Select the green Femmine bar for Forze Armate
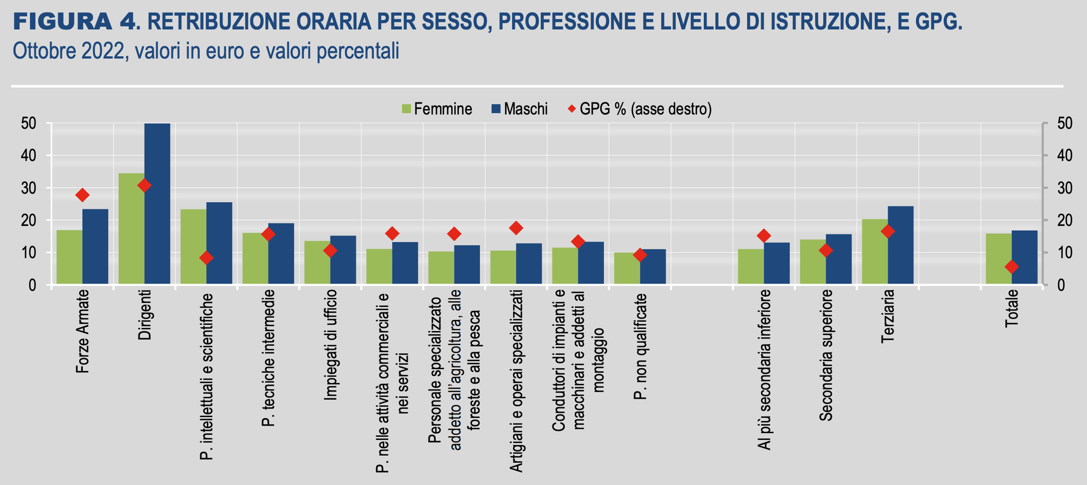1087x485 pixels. (x=70, y=257)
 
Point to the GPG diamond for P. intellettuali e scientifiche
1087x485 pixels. (x=206, y=258)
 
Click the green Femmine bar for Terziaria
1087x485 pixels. (x=875, y=252)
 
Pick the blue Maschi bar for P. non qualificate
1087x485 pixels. (x=653, y=267)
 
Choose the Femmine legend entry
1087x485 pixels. (x=437, y=109)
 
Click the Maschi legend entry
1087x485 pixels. (x=520, y=109)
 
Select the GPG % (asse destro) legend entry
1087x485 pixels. (x=640, y=109)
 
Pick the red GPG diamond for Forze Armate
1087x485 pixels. (x=82, y=195)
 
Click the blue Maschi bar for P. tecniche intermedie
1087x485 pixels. (x=281, y=254)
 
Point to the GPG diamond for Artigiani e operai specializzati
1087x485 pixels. (x=516, y=228)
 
